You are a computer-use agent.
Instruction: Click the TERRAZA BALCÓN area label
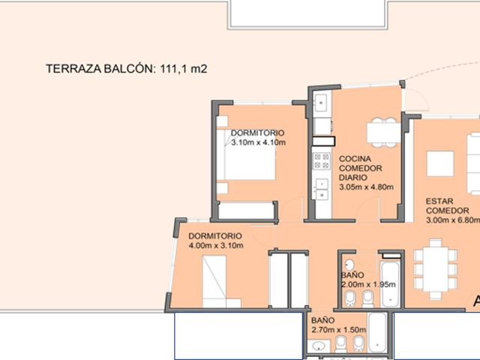(x=127, y=68)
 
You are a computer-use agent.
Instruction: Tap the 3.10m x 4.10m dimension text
(x=258, y=142)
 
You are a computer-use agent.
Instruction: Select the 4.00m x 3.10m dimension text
(x=216, y=245)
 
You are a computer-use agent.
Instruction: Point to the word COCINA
(x=355, y=159)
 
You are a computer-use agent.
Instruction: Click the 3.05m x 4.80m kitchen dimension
(x=366, y=187)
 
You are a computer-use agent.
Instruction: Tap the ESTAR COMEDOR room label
(x=447, y=206)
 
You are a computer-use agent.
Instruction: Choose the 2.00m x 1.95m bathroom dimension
(x=368, y=284)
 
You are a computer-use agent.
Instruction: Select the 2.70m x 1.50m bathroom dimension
(x=338, y=330)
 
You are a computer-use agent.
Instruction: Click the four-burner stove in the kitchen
(x=322, y=160)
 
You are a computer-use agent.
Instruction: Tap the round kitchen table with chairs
(x=384, y=133)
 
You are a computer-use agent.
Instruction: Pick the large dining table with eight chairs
(x=435, y=269)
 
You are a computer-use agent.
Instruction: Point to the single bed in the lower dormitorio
(x=222, y=282)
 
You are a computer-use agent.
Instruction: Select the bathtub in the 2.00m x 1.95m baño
(x=390, y=283)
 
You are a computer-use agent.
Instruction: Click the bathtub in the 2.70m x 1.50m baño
(x=377, y=333)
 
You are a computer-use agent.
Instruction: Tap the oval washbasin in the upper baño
(x=349, y=265)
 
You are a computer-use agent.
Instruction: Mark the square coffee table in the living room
(x=440, y=163)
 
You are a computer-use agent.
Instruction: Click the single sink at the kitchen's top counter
(x=321, y=102)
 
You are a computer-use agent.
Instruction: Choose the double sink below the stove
(x=322, y=189)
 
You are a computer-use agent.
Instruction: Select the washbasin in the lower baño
(x=318, y=346)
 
